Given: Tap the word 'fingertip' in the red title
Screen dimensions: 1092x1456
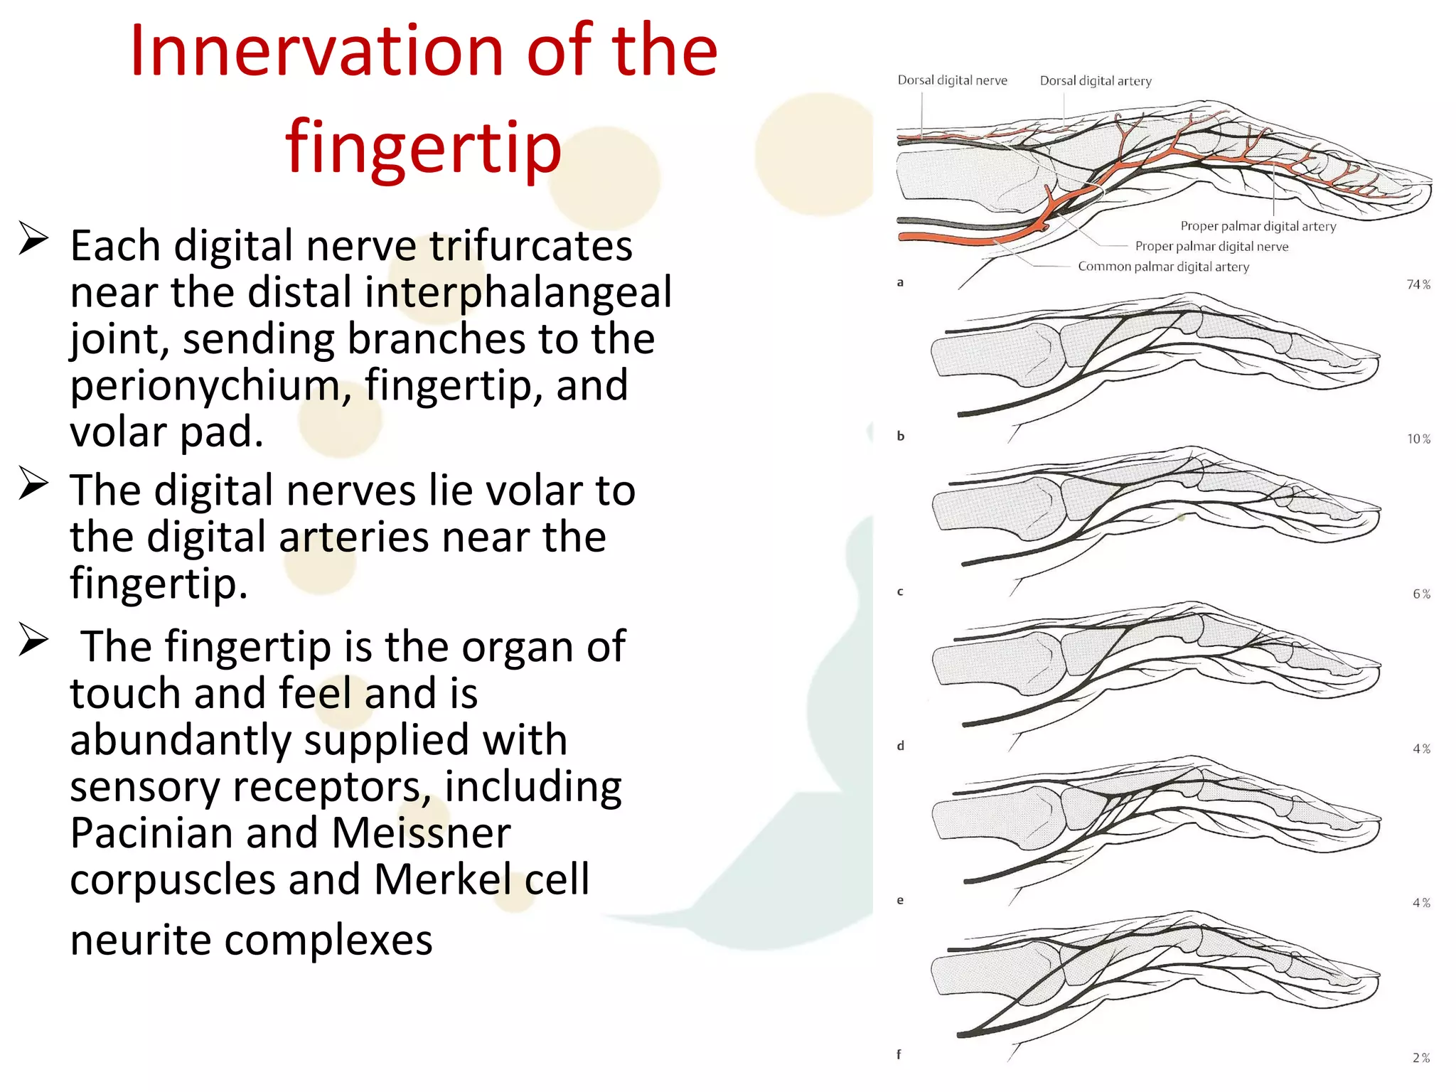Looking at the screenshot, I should tap(424, 147).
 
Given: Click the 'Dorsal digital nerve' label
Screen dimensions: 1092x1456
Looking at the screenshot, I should tap(952, 80).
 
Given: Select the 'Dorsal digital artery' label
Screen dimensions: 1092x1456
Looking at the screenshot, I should tap(1096, 81).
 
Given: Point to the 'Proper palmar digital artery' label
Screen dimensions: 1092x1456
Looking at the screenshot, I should tap(1258, 226).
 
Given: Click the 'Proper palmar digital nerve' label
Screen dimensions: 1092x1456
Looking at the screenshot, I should tap(1211, 246).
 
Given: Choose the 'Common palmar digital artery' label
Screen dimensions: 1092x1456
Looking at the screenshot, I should tap(1163, 267).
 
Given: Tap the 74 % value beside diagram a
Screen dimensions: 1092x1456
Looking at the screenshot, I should tap(1418, 284).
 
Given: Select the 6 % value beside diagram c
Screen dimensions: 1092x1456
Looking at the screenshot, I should tap(1421, 594).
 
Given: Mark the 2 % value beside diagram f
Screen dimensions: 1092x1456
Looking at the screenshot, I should tap(1421, 1058).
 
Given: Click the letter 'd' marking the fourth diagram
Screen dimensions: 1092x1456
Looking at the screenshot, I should tap(900, 746).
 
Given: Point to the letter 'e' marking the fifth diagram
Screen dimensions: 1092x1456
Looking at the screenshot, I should tap(900, 900).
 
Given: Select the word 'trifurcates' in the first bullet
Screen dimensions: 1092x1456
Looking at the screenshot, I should tap(530, 246).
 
